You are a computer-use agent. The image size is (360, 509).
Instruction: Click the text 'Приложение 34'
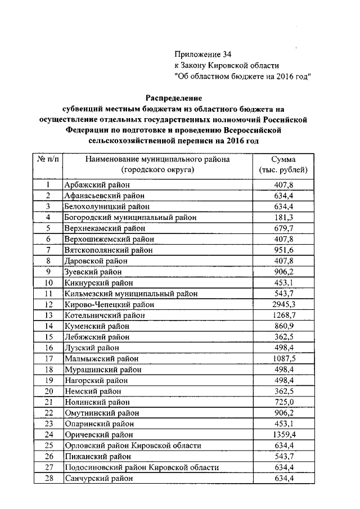[202, 55]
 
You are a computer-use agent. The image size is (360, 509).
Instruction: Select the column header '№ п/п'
[48, 159]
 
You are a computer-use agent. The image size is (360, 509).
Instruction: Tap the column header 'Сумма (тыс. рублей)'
[283, 164]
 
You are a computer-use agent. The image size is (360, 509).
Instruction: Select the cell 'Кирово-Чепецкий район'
[109, 304]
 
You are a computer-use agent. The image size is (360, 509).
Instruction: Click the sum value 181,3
[283, 217]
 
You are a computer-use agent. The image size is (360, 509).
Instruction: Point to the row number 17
[48, 358]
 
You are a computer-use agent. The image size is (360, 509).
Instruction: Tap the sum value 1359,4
[283, 435]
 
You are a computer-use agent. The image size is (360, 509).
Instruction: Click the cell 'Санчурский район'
[100, 478]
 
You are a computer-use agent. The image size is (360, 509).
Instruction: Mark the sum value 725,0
[283, 402]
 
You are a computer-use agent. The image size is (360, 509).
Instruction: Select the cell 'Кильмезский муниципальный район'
[131, 294]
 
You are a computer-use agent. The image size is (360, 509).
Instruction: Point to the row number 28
[48, 478]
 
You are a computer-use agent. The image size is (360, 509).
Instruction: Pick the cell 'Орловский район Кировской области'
[133, 445]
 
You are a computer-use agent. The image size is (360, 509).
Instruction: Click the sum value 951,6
[283, 250]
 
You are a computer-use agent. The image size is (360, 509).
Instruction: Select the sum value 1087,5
[283, 358]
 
